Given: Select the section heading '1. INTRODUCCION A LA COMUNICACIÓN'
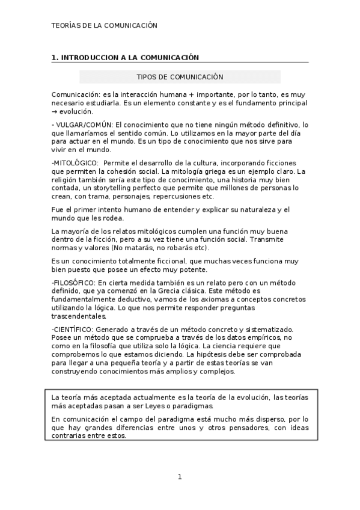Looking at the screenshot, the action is tap(125, 57).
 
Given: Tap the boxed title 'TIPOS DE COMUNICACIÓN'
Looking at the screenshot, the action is tap(180, 77).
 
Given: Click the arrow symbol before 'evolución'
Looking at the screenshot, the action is tap(55, 111).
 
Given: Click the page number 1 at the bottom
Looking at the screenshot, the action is tap(179, 477).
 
